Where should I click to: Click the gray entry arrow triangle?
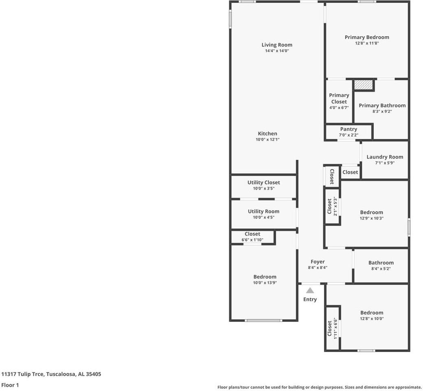[310, 290]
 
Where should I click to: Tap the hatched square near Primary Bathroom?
[364, 85]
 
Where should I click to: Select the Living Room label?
[277, 45]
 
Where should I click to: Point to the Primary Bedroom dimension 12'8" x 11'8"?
[367, 43]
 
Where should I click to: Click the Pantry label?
[348, 129]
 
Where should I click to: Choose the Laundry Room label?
[385, 157]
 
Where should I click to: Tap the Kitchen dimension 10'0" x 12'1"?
[267, 140]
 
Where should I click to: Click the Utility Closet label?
[263, 182]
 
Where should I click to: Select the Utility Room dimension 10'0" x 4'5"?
[263, 217]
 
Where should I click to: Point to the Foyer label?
[318, 262]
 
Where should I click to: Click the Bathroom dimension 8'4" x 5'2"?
[381, 268]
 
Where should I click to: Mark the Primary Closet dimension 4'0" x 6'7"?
[339, 108]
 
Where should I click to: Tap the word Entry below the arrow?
[310, 299]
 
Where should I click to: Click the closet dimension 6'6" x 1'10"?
[252, 239]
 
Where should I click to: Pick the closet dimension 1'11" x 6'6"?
[335, 328]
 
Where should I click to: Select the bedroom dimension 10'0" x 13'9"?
[265, 283]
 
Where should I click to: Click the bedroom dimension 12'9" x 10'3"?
[371, 218]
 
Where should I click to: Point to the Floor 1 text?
[10, 385]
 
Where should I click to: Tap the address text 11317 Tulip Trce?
[22, 374]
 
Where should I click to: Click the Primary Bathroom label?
[382, 105]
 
